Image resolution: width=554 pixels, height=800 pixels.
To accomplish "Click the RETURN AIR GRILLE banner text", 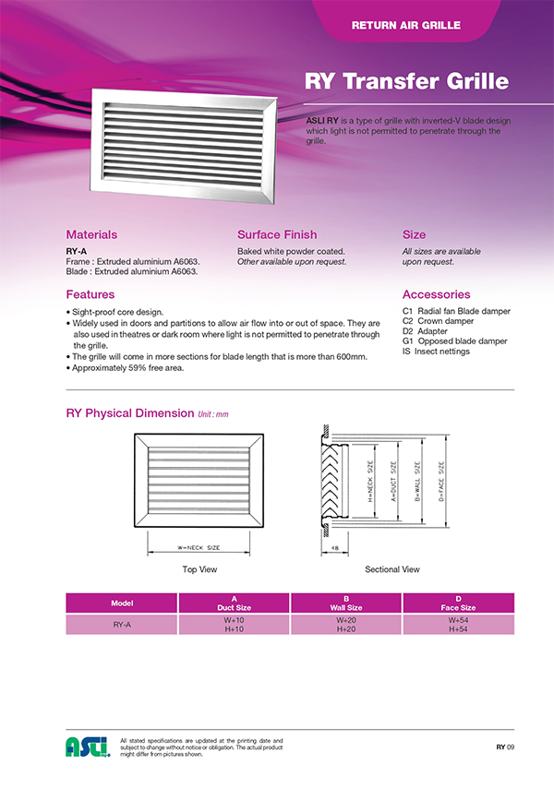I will point(405,25).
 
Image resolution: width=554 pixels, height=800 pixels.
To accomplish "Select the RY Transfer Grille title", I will point(406,81).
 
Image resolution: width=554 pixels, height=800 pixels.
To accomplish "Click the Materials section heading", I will point(91,235).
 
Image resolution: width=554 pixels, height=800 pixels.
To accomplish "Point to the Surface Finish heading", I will point(277,235).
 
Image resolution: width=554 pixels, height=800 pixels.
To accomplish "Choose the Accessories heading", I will point(437,294).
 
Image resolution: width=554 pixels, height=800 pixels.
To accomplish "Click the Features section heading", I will point(90,294).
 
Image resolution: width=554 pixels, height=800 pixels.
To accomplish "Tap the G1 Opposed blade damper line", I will point(455,340).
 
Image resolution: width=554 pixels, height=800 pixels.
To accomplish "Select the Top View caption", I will point(199,569).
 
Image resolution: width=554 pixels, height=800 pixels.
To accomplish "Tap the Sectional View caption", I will point(392,569).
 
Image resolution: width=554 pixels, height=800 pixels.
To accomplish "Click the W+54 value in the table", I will point(458,620).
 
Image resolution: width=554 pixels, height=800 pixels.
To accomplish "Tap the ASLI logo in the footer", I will point(88,746).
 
